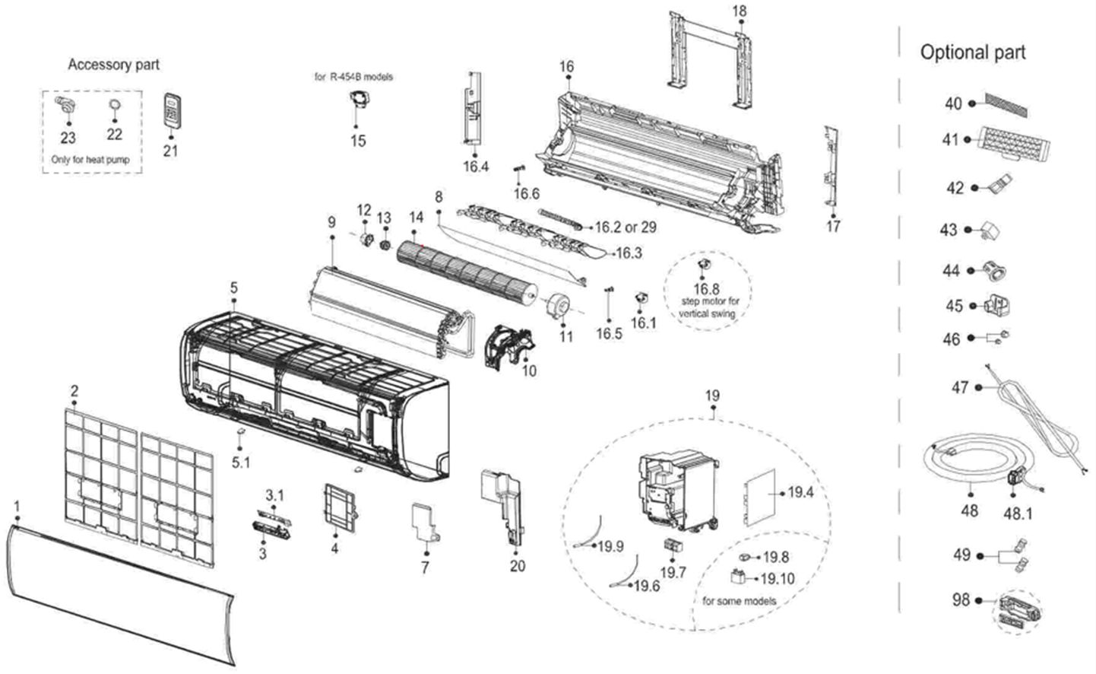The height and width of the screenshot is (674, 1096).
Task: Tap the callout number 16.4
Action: pos(476,167)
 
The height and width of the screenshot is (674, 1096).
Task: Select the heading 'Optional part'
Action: pos(973,52)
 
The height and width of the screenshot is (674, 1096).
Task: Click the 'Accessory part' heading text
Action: pos(113,65)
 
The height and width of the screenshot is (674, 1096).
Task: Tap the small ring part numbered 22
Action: pos(115,105)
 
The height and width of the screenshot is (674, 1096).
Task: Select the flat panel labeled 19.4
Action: pos(760,498)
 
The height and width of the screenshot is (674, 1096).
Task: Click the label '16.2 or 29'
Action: pos(626,227)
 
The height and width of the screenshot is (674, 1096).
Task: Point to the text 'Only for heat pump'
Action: pos(90,160)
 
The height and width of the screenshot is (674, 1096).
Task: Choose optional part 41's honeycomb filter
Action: pos(1014,143)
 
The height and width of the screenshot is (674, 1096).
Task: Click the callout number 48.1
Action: pos(1018,513)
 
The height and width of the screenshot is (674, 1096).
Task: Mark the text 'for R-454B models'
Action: pos(353,77)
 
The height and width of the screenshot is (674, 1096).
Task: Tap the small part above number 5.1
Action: pos(241,431)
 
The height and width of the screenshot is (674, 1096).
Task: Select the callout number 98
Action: pos(961,599)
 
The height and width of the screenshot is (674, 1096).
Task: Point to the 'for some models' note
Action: pos(739,601)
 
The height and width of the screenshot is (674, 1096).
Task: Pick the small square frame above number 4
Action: pos(340,507)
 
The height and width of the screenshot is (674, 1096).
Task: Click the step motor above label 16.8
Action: pos(704,264)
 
